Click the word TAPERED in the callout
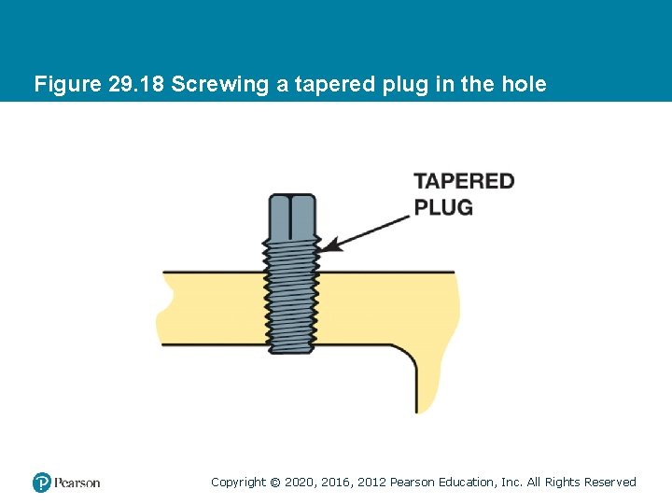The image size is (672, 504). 464,181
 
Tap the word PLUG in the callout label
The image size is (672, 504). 443,206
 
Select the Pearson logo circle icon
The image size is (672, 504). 41,483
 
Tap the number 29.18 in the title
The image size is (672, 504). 137,85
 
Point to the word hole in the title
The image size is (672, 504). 525,85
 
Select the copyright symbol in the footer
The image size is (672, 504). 274,483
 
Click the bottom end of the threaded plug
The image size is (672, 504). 292,349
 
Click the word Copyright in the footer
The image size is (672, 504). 238,483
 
